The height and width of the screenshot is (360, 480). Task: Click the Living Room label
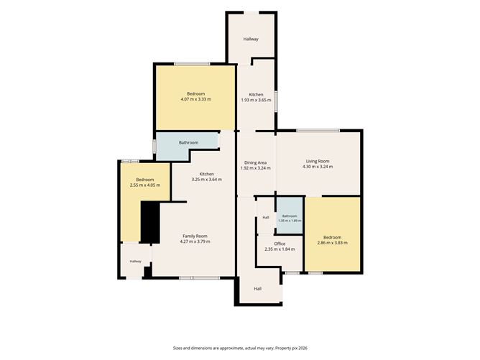click(x=318, y=161)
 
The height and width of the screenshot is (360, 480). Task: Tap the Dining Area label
click(x=255, y=162)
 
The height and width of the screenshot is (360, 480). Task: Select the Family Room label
click(x=195, y=236)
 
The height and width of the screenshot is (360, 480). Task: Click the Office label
click(x=280, y=244)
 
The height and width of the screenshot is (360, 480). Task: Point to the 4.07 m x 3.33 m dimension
click(x=196, y=99)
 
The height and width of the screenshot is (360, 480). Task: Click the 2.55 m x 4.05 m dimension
click(x=145, y=185)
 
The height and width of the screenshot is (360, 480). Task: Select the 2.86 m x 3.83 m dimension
click(x=333, y=243)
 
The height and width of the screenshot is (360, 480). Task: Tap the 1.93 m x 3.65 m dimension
click(x=257, y=100)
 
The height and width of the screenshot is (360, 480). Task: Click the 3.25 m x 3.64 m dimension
click(x=207, y=180)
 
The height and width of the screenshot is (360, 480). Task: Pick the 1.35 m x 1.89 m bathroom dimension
click(x=290, y=221)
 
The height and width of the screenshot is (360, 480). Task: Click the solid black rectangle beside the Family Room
click(x=150, y=222)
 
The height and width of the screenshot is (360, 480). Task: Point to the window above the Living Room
click(x=318, y=131)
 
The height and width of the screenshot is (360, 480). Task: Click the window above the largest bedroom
click(x=192, y=64)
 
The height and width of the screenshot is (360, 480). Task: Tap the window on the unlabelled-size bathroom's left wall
click(x=154, y=145)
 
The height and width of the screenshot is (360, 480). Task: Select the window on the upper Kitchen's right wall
click(x=275, y=101)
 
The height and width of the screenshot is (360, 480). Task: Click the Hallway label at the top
click(x=251, y=39)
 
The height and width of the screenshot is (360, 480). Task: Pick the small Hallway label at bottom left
click(x=136, y=261)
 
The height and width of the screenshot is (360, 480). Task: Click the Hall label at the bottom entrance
click(x=258, y=289)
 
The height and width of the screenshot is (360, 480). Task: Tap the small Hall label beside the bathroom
click(x=266, y=217)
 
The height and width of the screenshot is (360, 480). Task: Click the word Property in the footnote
click(x=282, y=348)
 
